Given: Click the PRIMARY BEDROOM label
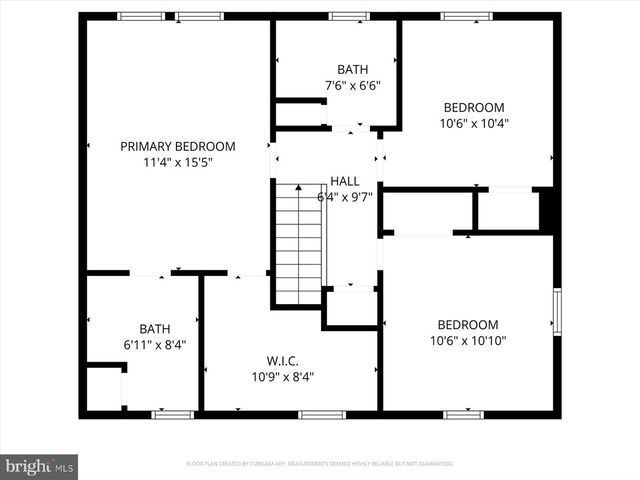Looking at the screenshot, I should (178, 146).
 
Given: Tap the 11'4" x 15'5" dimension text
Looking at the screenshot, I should (178, 162).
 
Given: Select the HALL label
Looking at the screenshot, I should (345, 181).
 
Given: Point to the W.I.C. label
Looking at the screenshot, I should (283, 360).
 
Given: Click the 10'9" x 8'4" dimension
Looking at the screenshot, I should (283, 377).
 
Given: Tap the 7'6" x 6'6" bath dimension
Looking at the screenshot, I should (352, 86).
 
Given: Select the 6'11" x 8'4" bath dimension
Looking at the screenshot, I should (155, 345).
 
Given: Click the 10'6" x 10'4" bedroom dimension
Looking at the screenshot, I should (474, 124).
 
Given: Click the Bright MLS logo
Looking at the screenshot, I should (39, 466).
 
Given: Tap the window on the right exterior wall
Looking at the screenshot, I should (557, 311).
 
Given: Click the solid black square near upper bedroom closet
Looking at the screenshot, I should (546, 210).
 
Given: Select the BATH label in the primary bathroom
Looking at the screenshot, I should (155, 328).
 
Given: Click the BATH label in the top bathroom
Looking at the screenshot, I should (352, 69).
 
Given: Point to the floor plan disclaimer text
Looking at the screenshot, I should (320, 464).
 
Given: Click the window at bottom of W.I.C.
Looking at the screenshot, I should (322, 414).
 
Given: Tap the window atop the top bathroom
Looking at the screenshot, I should (349, 16).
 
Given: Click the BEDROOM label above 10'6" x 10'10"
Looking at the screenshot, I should (468, 324).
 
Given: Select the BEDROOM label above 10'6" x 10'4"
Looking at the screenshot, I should (474, 107).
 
